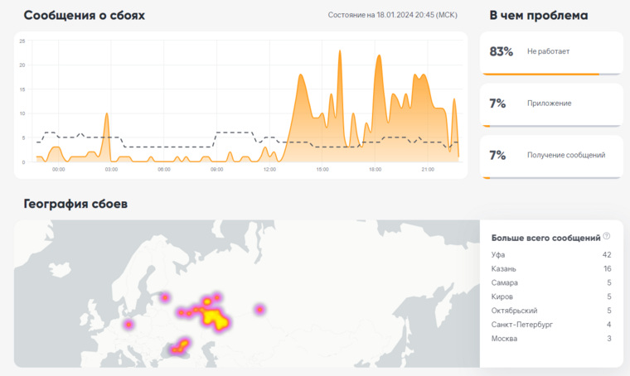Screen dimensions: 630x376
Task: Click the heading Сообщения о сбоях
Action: pyautogui.click(x=84, y=15)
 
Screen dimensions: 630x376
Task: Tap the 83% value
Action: pyautogui.click(x=501, y=51)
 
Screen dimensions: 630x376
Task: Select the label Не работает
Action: pyautogui.click(x=548, y=51)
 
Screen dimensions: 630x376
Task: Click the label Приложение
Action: pyautogui.click(x=549, y=104)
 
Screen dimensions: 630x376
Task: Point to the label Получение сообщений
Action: pyautogui.click(x=565, y=155)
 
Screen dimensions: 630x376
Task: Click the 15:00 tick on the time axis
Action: pyautogui.click(x=322, y=169)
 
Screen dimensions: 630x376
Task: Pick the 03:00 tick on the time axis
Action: pyautogui.click(x=111, y=169)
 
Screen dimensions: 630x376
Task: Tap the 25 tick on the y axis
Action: pyautogui.click(x=22, y=41)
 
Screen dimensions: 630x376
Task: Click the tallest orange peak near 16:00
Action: pyautogui.click(x=340, y=51)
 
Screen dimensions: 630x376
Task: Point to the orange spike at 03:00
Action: pyautogui.click(x=107, y=114)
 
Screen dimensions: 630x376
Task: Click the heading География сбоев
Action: pyautogui.click(x=75, y=204)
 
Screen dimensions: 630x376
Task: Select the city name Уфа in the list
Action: pyautogui.click(x=498, y=255)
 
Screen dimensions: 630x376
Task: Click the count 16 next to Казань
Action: pyautogui.click(x=607, y=268)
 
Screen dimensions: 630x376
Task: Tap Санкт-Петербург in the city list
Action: pyautogui.click(x=522, y=324)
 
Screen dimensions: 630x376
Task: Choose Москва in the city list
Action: pyautogui.click(x=504, y=338)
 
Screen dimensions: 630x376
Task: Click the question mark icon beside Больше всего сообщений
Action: pyautogui.click(x=606, y=236)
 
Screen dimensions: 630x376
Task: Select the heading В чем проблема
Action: pyautogui.click(x=538, y=15)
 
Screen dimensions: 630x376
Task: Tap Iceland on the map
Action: pyautogui.click(x=61, y=269)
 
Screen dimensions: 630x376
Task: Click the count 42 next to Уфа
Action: pyautogui.click(x=607, y=255)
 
